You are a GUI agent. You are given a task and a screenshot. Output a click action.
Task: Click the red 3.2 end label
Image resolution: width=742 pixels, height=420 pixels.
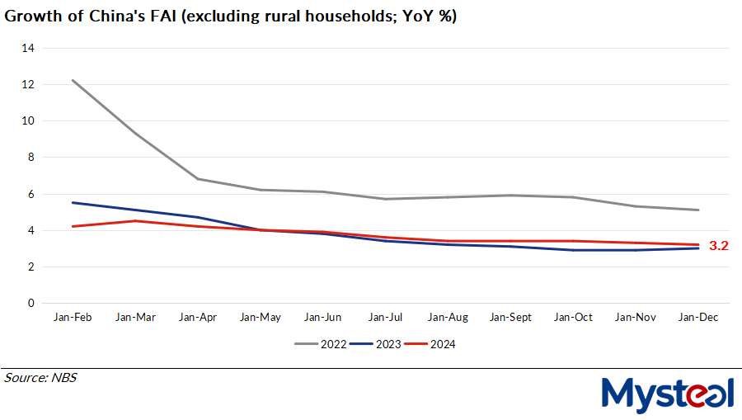point(718,245)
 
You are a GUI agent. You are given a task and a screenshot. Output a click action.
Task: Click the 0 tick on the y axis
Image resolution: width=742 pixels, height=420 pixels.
point(31,303)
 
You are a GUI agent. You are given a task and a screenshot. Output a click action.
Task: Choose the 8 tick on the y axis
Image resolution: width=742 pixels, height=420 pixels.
point(31,157)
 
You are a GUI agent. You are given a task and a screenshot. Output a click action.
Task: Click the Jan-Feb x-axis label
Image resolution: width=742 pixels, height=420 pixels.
point(73,317)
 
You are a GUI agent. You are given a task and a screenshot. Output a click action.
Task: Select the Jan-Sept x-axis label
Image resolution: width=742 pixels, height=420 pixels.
point(510,317)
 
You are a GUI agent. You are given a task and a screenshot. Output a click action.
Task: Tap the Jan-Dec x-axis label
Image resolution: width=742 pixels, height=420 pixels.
point(697,317)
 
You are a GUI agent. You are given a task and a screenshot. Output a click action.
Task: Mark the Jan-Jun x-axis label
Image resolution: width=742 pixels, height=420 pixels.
point(322,317)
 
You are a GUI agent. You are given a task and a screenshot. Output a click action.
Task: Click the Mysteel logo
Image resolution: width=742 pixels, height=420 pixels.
point(667,394)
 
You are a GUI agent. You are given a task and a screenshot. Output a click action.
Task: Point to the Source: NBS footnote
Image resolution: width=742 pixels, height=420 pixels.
point(40,378)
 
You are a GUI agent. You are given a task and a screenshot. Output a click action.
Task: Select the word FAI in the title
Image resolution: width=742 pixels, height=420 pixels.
point(162,16)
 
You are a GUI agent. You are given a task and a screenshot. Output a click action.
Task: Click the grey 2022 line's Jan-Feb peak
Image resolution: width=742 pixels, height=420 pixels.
point(73,80)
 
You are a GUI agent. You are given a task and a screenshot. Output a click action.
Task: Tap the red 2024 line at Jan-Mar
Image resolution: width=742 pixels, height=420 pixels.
point(135,220)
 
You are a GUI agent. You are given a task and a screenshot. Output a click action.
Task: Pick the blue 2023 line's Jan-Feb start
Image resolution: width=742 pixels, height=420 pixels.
point(73,202)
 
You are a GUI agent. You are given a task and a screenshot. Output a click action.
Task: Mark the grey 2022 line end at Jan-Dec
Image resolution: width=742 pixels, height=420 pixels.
point(698,210)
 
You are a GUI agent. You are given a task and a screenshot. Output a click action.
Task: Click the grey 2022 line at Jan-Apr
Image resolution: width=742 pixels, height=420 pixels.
point(198,179)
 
